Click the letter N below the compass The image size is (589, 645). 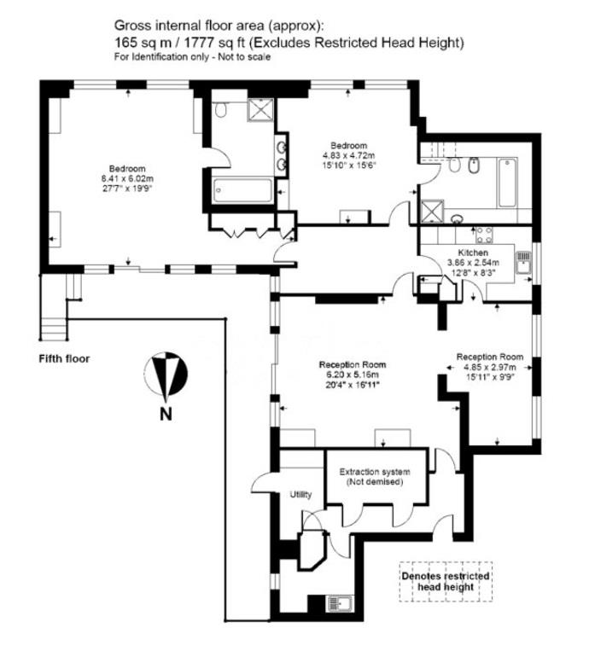166,414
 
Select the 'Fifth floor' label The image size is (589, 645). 64,358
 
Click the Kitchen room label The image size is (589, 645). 473,253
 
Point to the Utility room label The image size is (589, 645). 300,495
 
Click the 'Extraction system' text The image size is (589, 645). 375,472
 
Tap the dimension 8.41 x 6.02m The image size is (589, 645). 127,178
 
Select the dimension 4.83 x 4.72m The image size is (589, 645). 348,155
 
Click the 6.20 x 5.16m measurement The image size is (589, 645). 353,375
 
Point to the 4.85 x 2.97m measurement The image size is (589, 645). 490,367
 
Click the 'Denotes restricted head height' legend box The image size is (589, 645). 446,582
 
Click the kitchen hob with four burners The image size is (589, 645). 484,235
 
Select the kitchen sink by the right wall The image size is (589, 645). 523,263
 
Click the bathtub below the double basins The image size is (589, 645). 242,190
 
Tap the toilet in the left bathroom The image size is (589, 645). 220,109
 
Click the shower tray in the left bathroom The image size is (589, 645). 260,110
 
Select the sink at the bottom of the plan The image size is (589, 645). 339,604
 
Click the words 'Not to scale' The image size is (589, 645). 244,57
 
